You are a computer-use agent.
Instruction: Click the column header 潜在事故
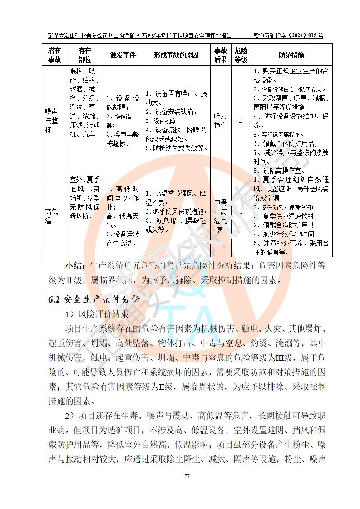54,55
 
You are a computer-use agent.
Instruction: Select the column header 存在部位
84,55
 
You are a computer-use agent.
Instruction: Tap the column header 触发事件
123,55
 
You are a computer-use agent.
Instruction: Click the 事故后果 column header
220,55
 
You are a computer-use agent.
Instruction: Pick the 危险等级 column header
241,55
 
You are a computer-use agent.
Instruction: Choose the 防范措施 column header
291,55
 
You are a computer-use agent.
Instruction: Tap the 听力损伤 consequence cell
220,121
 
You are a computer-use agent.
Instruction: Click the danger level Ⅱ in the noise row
241,121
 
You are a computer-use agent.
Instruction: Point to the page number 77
186,476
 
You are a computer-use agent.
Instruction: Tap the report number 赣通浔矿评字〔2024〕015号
288,35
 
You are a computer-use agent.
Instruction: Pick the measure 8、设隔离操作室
277,170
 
